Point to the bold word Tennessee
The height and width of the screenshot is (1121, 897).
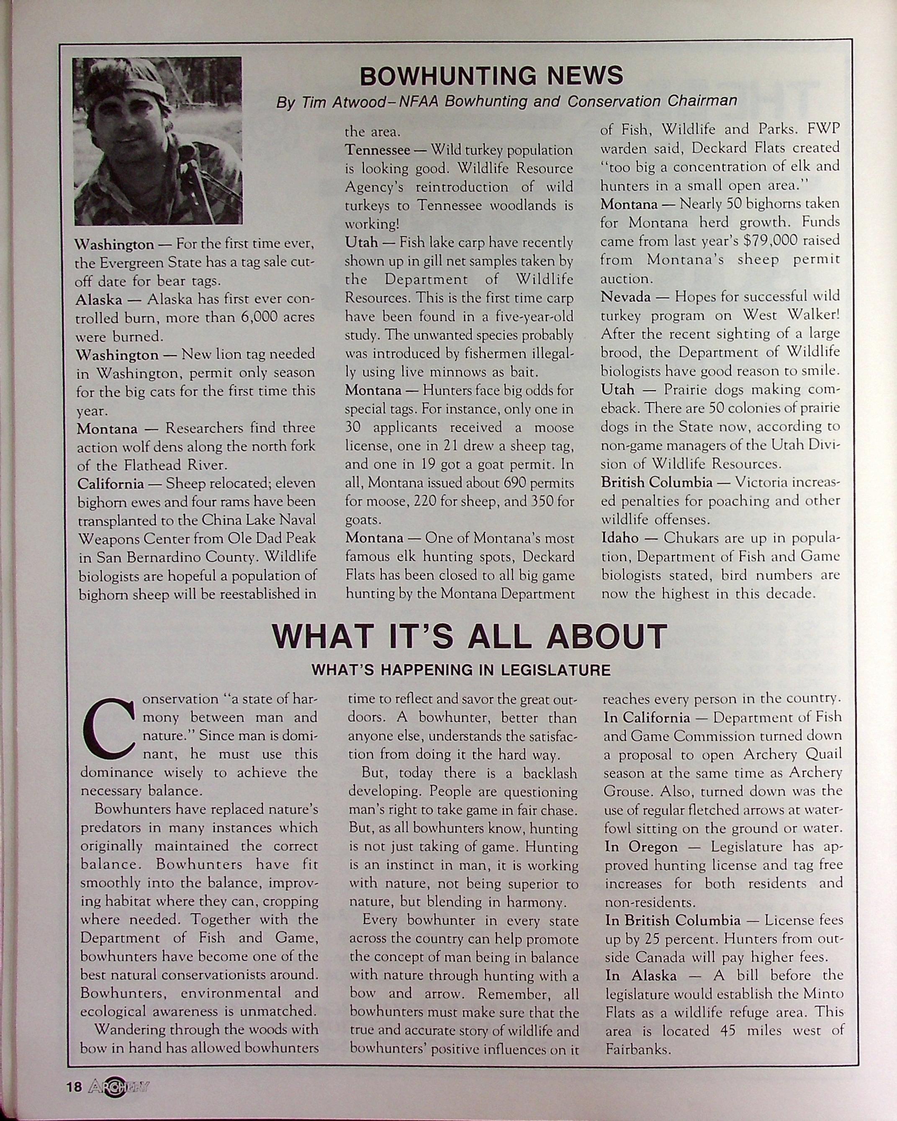378,150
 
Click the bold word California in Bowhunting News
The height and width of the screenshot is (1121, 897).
110,484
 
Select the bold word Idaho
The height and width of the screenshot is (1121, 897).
620,538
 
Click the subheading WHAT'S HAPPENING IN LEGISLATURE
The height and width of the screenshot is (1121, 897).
461,670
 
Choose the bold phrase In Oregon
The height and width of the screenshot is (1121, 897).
641,847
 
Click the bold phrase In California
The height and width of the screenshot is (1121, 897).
647,718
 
